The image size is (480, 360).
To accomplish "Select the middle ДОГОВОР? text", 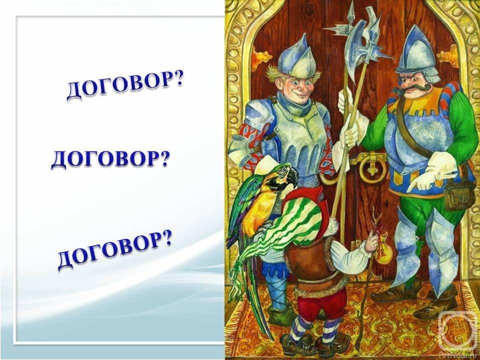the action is pyautogui.click(x=110, y=159).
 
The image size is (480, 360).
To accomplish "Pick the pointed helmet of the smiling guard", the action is pyautogui.click(x=293, y=59).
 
